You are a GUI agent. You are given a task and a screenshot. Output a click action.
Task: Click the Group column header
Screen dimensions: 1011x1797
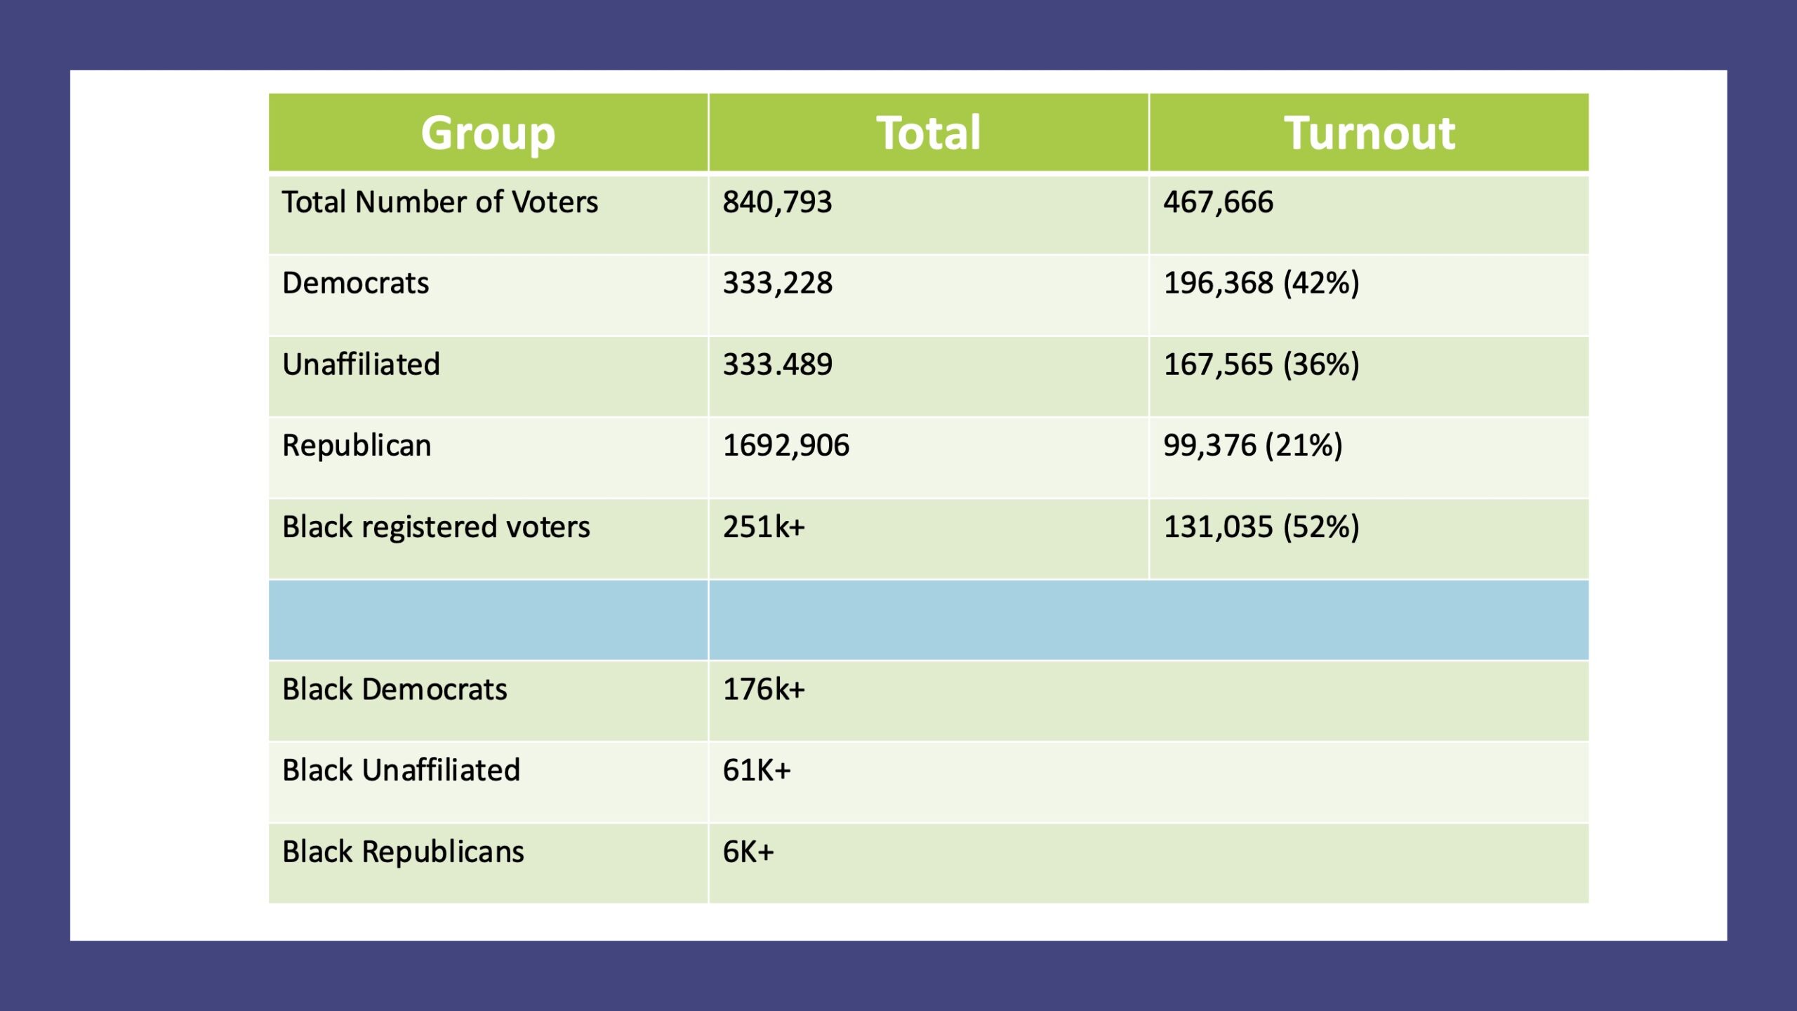click(488, 133)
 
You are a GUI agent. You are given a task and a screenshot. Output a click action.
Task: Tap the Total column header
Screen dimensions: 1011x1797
click(928, 133)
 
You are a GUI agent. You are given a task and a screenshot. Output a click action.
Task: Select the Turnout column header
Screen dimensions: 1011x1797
click(1370, 133)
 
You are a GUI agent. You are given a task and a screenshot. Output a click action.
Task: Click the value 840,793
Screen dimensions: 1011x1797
click(777, 202)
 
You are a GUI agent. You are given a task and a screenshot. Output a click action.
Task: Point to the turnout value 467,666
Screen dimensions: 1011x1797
click(1218, 202)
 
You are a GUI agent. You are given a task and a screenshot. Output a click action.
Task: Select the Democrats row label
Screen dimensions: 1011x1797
click(355, 283)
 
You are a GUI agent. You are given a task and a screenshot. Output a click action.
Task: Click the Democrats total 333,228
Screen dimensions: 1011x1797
click(777, 283)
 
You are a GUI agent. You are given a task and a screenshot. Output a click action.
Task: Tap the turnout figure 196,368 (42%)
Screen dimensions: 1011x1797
click(1261, 283)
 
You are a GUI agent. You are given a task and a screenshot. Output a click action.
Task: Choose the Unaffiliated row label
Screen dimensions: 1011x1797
click(361, 364)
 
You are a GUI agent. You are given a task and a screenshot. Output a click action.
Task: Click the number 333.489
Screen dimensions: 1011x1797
click(777, 364)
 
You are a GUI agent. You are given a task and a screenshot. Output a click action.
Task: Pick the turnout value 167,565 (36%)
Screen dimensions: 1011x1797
click(1261, 364)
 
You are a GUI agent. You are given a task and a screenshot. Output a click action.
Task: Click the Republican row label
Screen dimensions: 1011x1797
click(357, 446)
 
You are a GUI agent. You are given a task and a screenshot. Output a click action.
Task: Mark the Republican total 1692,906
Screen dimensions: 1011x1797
click(785, 446)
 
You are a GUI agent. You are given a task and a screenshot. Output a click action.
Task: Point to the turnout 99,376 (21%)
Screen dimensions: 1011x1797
click(1253, 446)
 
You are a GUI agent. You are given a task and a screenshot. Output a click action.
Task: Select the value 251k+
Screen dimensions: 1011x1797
click(764, 527)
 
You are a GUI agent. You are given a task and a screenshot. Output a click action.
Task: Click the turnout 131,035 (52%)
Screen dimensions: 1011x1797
click(1261, 527)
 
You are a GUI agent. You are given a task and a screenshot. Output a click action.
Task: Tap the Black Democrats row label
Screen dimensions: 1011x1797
click(394, 689)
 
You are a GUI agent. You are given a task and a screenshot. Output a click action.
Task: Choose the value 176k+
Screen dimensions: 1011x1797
click(764, 689)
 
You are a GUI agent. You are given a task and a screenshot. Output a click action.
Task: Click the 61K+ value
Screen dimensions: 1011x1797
click(757, 771)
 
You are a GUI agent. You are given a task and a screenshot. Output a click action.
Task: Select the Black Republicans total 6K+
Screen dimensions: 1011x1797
click(748, 852)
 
